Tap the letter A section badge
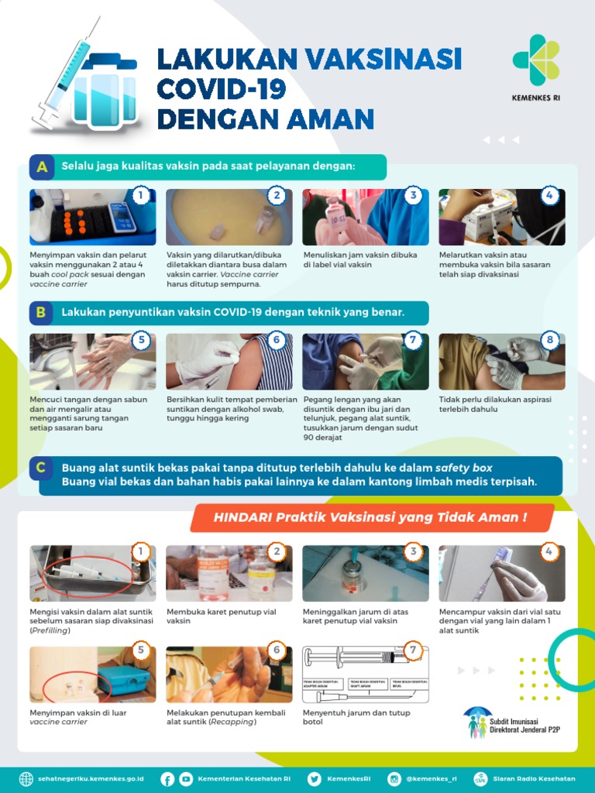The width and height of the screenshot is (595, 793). (x=42, y=166)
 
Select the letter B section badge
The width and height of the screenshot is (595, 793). (x=42, y=313)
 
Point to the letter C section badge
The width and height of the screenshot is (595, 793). (x=42, y=468)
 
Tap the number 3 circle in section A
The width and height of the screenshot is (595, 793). (x=414, y=196)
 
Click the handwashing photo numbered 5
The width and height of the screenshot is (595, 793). (x=92, y=362)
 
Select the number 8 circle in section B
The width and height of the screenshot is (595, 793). (x=550, y=340)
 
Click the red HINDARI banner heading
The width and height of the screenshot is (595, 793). (x=372, y=517)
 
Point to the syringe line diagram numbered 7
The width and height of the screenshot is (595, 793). (x=365, y=674)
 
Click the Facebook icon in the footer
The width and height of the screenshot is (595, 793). (x=167, y=779)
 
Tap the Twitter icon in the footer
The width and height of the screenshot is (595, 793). (x=314, y=779)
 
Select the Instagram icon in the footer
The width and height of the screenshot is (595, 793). (x=394, y=779)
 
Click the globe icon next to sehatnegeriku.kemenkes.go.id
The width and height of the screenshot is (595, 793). (x=26, y=779)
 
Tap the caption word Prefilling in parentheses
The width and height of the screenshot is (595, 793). (x=50, y=630)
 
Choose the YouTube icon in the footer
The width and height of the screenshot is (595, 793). (x=186, y=779)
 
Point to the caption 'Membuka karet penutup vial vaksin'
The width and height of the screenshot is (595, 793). (x=221, y=616)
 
